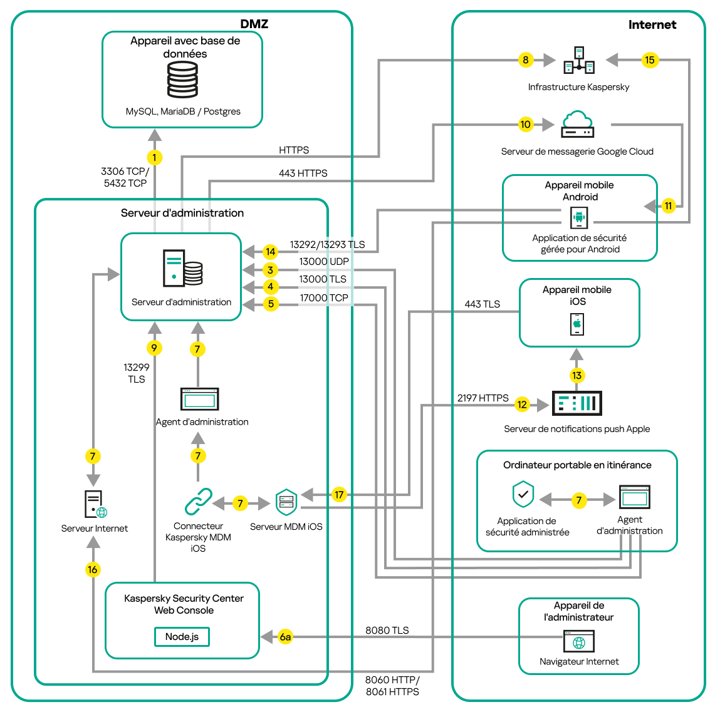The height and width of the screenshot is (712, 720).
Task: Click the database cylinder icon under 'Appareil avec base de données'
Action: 182,80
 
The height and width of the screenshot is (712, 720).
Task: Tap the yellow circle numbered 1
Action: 154,157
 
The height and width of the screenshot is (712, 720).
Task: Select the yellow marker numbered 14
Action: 270,252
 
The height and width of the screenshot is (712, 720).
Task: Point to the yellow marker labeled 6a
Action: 285,637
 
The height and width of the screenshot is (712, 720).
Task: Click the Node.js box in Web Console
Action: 182,637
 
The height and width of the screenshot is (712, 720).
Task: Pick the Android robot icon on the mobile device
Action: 579,218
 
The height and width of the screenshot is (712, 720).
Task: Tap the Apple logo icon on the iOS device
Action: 577,324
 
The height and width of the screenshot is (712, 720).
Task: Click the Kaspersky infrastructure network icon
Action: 579,60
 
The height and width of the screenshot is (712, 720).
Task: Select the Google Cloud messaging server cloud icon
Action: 577,124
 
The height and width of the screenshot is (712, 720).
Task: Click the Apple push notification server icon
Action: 577,403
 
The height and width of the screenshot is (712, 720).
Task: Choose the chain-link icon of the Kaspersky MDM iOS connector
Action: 199,502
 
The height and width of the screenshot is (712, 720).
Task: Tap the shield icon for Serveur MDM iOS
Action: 286,502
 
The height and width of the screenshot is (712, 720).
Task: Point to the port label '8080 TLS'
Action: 387,630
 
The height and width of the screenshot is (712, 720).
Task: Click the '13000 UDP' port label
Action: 323,262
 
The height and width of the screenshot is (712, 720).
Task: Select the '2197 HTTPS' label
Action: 483,398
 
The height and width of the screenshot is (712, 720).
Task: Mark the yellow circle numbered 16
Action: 93,569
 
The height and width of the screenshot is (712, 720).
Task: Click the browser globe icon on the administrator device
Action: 579,642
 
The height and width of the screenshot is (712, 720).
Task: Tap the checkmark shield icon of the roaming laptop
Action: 523,495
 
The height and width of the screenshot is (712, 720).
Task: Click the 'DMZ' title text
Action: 254,24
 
